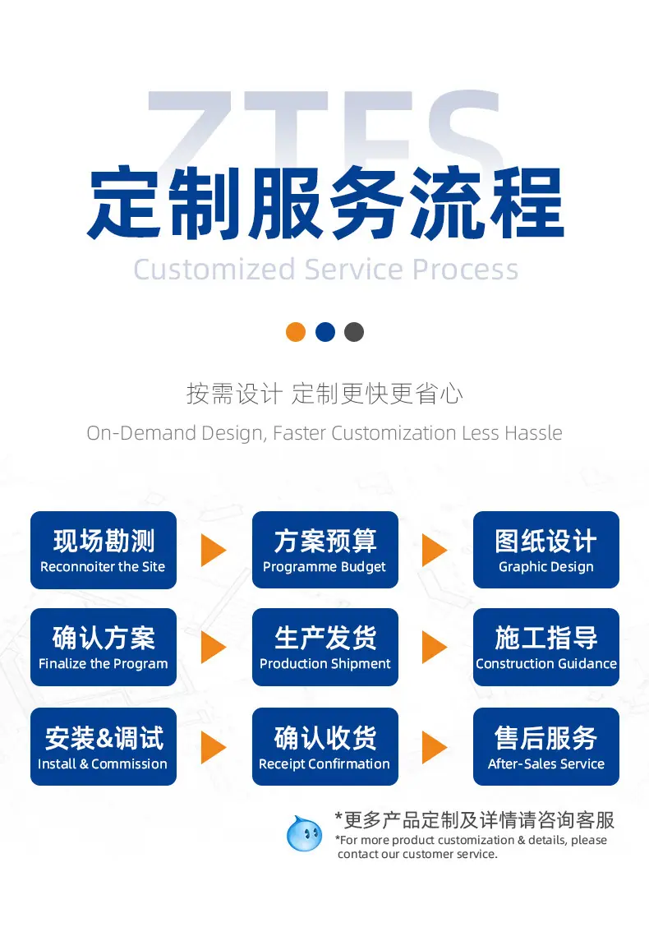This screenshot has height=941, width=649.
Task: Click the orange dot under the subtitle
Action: pyautogui.click(x=296, y=332)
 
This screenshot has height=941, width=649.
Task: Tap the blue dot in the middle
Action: pyautogui.click(x=325, y=332)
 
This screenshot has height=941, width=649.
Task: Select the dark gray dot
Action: pyautogui.click(x=354, y=332)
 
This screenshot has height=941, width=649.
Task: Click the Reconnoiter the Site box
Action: pyautogui.click(x=104, y=550)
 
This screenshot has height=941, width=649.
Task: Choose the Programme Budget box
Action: pyautogui.click(x=325, y=550)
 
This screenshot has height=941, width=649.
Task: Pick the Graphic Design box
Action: pyautogui.click(x=545, y=550)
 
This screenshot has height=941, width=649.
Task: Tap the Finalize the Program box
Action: pyautogui.click(x=104, y=647)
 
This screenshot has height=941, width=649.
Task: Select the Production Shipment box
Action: pyautogui.click(x=325, y=647)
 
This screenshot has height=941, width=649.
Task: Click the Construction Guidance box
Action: pyautogui.click(x=545, y=647)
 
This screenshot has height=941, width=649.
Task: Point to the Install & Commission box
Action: pyautogui.click(x=104, y=746)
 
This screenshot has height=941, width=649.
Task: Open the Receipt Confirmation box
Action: pyautogui.click(x=325, y=746)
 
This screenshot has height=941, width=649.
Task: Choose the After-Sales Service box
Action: pyautogui.click(x=545, y=746)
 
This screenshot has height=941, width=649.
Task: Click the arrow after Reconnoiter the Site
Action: pyautogui.click(x=212, y=551)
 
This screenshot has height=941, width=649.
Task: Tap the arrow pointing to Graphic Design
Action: pyautogui.click(x=434, y=551)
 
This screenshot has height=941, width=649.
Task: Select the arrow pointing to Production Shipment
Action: pyautogui.click(x=212, y=647)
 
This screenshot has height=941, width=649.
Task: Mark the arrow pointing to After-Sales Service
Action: pyautogui.click(x=434, y=747)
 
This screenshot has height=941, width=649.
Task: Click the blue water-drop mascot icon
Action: pyautogui.click(x=305, y=833)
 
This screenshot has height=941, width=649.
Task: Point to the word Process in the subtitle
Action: pyautogui.click(x=466, y=270)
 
